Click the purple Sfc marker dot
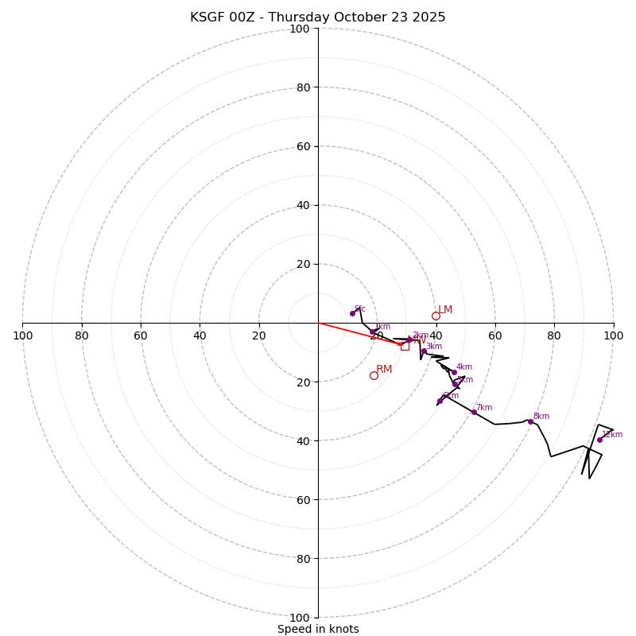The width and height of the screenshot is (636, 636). [x=352, y=313]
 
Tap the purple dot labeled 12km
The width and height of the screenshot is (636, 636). [x=599, y=440]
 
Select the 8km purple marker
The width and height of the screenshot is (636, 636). [x=530, y=421]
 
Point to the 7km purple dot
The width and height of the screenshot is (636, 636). [x=474, y=412]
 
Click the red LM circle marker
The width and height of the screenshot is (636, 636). [x=436, y=316]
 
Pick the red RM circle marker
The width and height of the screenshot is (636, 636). [x=374, y=375]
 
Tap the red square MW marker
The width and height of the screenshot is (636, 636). [x=405, y=346]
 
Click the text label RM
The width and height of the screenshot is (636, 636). [x=384, y=370]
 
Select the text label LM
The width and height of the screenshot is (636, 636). [x=445, y=310]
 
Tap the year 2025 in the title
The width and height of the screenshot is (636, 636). [x=429, y=17]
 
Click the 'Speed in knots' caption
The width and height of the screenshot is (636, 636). [x=318, y=630]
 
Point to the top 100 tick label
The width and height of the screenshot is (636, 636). [x=300, y=29]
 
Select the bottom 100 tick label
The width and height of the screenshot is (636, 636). [x=300, y=618]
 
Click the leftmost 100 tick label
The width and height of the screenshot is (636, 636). [x=23, y=335]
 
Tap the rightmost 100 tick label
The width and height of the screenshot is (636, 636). [x=613, y=335]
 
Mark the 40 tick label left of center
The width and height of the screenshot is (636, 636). [x=200, y=335]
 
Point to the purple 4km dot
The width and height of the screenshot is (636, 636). [x=454, y=372]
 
